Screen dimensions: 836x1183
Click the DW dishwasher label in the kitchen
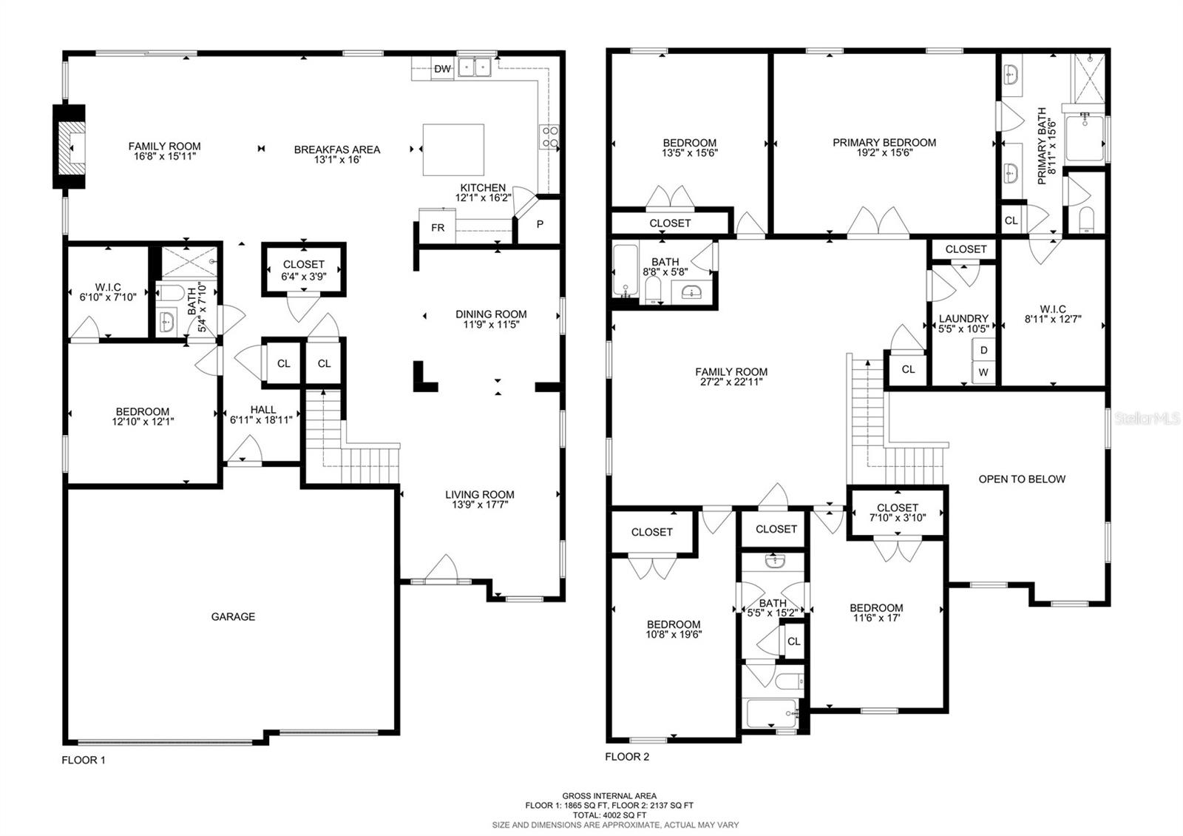(x=442, y=70)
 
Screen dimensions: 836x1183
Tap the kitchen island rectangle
(x=453, y=149)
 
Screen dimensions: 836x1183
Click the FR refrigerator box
(x=438, y=227)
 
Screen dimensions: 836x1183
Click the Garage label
(x=233, y=616)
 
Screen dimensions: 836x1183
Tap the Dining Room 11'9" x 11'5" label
(x=491, y=319)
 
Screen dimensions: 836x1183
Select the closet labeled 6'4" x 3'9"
(x=304, y=269)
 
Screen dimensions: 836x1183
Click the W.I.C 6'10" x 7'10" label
(x=108, y=291)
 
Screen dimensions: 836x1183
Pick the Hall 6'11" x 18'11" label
(x=262, y=414)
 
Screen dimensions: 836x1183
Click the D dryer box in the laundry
(x=983, y=350)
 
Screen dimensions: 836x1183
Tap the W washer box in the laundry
(x=983, y=372)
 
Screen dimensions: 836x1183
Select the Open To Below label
(x=1022, y=479)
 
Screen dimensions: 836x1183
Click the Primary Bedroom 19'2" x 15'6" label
(x=884, y=147)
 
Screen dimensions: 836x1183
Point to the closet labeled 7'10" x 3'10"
(x=897, y=512)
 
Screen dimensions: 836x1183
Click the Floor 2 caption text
(x=627, y=757)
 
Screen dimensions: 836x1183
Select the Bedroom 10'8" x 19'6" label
(x=674, y=629)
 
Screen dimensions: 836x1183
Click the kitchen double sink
(x=475, y=68)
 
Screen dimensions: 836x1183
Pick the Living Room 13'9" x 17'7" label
(x=479, y=499)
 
